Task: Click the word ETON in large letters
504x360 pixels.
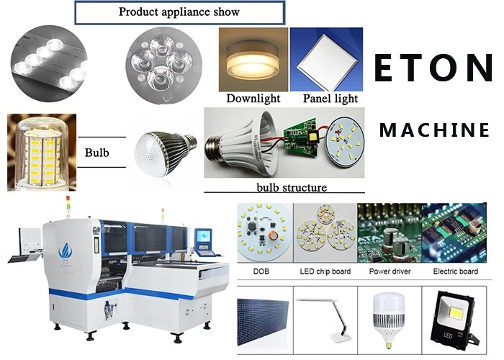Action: point(433,68)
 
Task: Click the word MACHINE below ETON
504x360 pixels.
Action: point(434,130)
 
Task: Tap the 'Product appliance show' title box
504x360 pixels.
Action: point(180,12)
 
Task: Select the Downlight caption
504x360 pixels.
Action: point(253,99)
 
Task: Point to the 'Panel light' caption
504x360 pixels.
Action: point(330,99)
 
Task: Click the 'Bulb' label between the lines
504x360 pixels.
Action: point(96,153)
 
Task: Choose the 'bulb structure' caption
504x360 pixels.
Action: point(292,187)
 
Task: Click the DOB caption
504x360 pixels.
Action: point(261,271)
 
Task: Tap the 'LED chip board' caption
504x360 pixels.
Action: point(325,271)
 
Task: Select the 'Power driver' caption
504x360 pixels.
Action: point(390,271)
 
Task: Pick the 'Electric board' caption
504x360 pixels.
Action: point(455,271)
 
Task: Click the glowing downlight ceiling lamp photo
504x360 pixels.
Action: point(253,60)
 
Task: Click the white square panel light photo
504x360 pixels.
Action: point(326,60)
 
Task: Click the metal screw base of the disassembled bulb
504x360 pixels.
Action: point(217,150)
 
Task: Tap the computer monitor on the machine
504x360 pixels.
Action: point(204,239)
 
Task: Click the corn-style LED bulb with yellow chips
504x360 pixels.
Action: point(42,153)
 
